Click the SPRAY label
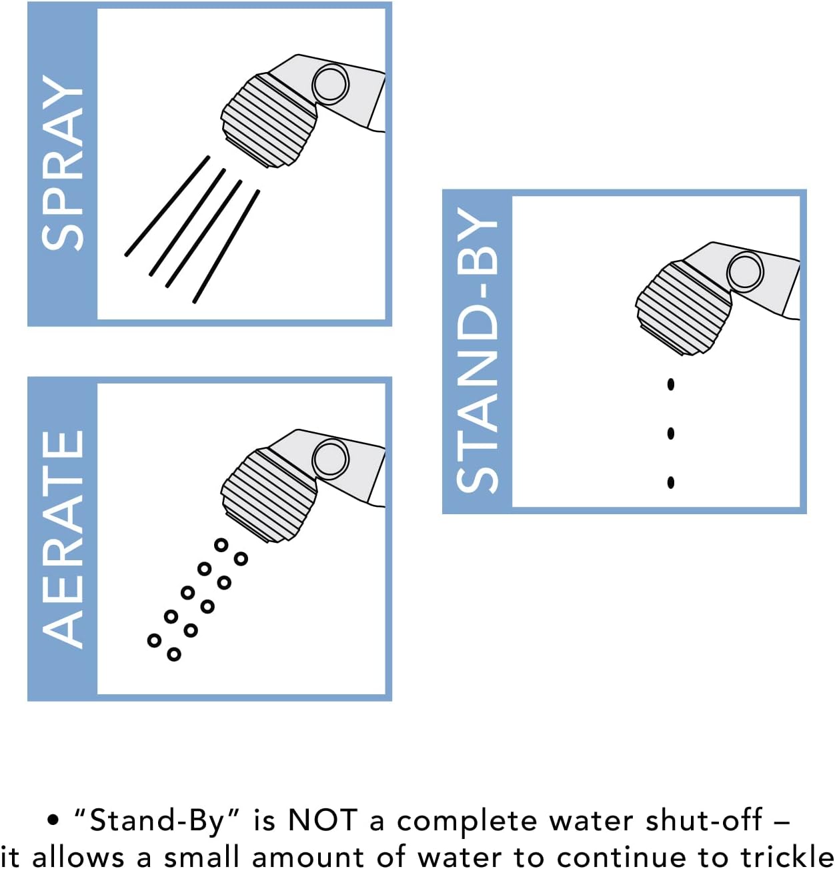tap(62, 163)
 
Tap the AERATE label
tap(62, 539)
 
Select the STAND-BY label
tap(477, 351)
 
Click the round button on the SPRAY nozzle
tap(330, 84)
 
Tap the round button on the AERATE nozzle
tap(330, 459)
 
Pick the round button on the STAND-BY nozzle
tap(745, 271)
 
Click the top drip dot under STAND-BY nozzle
tap(671, 384)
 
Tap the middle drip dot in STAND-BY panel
tap(671, 433)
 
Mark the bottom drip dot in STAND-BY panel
tap(671, 482)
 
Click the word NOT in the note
tap(323, 820)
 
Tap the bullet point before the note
tap(53, 820)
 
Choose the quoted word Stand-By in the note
tap(157, 820)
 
